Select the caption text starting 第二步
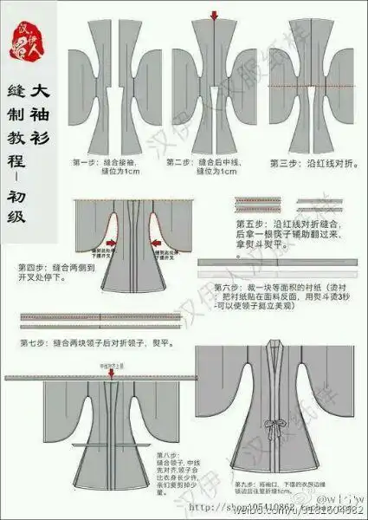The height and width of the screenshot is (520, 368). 208,166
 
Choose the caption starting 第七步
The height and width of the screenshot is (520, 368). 94,343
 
